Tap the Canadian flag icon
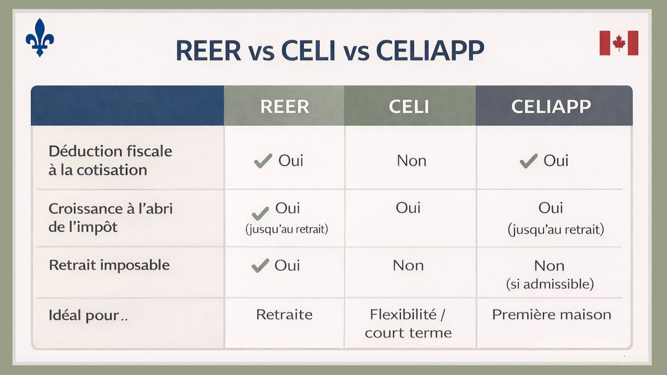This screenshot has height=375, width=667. [x=619, y=43]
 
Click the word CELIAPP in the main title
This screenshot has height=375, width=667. [x=430, y=51]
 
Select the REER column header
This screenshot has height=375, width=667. [x=285, y=107]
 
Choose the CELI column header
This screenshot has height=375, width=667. [x=409, y=107]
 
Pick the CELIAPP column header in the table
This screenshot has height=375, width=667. [x=551, y=107]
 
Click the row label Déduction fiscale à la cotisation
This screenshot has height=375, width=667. [x=110, y=160]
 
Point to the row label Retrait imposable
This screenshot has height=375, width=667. [x=109, y=265]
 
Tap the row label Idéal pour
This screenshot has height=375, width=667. [x=88, y=315]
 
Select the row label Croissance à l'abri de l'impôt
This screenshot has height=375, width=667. [x=110, y=218]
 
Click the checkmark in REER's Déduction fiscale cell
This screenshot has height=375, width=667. [x=263, y=161]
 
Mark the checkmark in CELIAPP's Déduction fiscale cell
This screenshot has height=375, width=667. [x=528, y=161]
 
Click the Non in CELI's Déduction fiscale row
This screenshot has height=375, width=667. [x=411, y=161]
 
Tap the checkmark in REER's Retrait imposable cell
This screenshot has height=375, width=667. [x=260, y=265]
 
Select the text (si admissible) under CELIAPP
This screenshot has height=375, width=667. [x=550, y=284]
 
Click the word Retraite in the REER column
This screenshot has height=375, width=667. [x=284, y=315]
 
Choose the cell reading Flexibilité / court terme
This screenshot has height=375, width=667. [x=408, y=324]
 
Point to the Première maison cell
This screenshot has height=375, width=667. [x=552, y=315]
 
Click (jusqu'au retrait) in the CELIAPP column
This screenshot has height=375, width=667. [x=556, y=230]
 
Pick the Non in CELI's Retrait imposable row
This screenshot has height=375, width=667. [x=408, y=266]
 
